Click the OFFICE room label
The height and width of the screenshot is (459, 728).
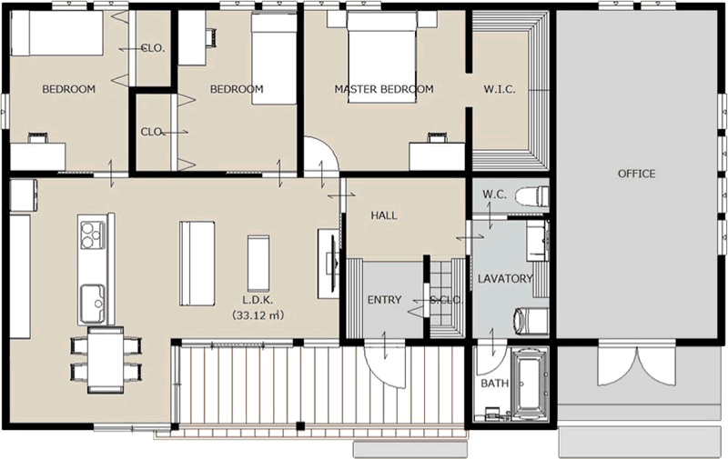click(x=636, y=174)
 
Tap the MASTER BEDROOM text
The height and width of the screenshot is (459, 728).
click(x=384, y=89)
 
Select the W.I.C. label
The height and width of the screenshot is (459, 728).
click(x=500, y=89)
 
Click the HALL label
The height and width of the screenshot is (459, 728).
click(x=384, y=215)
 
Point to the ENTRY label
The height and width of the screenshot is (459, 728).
click(x=384, y=300)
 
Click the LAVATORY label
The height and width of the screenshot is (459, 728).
click(x=505, y=279)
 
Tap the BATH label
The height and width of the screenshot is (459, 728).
click(x=494, y=384)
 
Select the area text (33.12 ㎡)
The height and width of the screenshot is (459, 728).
click(x=258, y=315)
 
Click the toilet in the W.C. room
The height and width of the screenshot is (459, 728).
click(x=532, y=195)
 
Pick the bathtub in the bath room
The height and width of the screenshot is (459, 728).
click(x=530, y=384)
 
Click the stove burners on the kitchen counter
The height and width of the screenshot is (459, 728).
click(x=92, y=234)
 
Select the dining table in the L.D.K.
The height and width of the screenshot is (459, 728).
click(x=106, y=360)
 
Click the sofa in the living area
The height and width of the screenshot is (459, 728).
click(x=197, y=264)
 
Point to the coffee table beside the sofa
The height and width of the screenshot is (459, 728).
click(x=258, y=264)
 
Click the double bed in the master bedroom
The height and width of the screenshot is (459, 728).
click(x=381, y=56)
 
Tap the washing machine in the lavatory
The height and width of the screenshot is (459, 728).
click(x=531, y=322)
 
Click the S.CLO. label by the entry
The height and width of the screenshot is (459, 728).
click(x=447, y=300)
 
